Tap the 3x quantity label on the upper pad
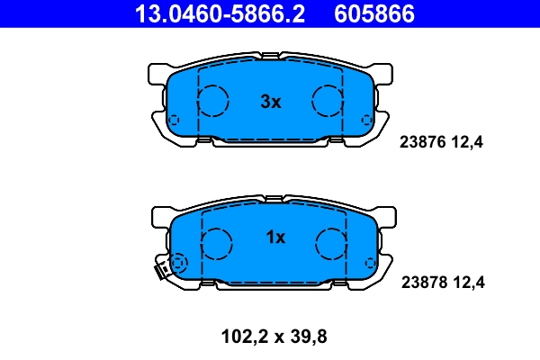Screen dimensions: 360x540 (x=271, y=103)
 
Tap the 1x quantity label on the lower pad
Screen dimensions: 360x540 (x=275, y=238)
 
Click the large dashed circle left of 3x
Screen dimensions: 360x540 (x=213, y=101)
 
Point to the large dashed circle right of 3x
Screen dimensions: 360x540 (x=328, y=101)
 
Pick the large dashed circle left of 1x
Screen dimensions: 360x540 (x=217, y=242)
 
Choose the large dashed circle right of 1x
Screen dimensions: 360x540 (x=331, y=242)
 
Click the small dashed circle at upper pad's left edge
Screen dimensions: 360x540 (x=175, y=121)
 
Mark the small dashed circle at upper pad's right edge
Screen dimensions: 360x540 (x=367, y=121)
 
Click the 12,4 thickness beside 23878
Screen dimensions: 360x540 (x=467, y=282)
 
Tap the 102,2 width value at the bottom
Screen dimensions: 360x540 (x=243, y=337)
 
